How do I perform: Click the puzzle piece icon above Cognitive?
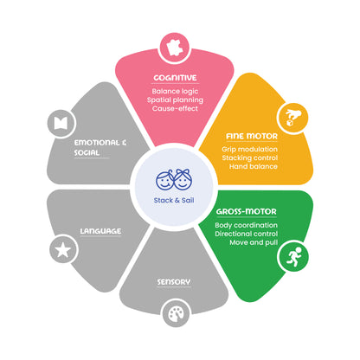click(175, 48)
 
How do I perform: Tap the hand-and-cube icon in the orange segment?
click(292, 118)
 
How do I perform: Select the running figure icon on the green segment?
click(293, 256)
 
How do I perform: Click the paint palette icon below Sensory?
click(176, 314)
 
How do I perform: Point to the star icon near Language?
click(63, 250)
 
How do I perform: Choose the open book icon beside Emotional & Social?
click(61, 123)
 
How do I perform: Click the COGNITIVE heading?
click(175, 78)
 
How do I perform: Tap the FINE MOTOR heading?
click(252, 136)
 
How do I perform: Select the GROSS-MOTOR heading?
click(247, 211)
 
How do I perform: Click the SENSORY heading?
click(174, 282)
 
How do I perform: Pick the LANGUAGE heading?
click(100, 231)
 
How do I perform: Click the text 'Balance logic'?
click(175, 92)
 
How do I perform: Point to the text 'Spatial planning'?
click(175, 100)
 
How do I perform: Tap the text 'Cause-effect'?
click(175, 109)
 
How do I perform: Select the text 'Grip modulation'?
click(249, 150)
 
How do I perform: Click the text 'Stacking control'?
click(250, 158)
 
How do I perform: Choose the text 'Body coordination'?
click(246, 225)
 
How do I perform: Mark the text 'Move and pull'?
click(254, 242)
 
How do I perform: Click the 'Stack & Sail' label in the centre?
click(174, 200)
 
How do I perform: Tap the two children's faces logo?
click(174, 179)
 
